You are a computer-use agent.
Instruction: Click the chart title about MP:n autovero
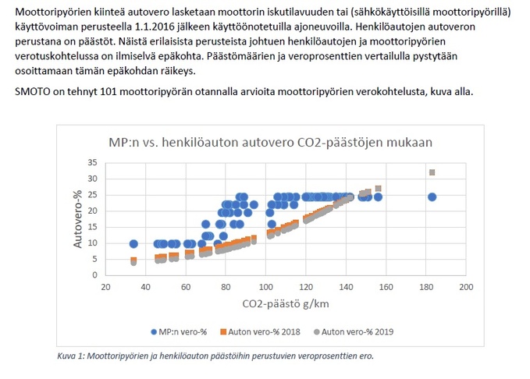(269, 143)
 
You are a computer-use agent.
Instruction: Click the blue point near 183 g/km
(432, 197)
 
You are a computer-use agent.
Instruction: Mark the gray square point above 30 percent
(432, 172)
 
